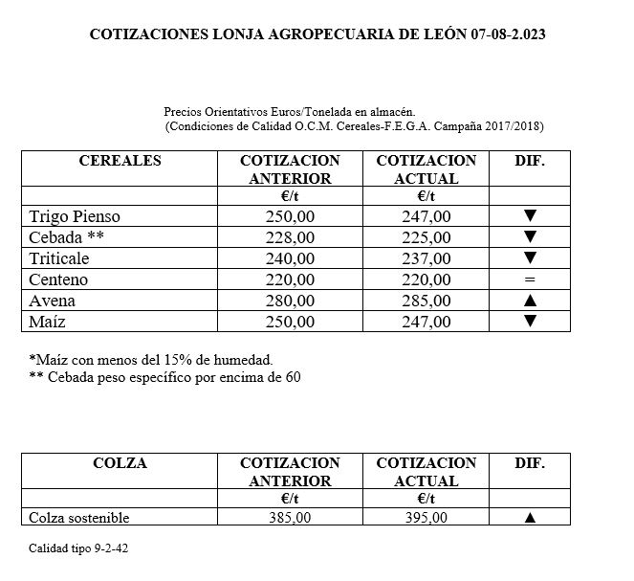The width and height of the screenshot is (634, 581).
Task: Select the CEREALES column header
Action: click(120, 161)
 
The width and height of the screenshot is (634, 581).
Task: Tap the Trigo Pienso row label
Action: click(76, 216)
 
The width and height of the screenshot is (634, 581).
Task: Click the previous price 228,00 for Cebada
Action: click(290, 237)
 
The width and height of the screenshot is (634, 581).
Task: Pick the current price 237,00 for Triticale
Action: click(426, 258)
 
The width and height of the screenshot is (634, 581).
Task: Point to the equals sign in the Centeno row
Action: click(530, 279)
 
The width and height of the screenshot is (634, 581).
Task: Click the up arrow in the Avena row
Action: click(530, 301)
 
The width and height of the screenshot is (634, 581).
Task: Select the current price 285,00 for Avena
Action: click(426, 301)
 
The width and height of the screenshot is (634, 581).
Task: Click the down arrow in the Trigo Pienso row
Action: click(530, 216)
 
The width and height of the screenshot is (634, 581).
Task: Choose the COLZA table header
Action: click(120, 463)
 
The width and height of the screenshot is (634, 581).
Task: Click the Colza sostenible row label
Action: click(79, 518)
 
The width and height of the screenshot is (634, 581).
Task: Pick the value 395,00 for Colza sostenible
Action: click(426, 518)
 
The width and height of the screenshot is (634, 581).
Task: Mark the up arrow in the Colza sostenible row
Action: click(530, 518)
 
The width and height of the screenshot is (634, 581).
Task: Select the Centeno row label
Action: click(59, 279)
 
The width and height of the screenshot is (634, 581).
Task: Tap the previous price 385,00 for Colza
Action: click(290, 518)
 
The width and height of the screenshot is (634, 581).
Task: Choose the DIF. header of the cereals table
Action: click(530, 161)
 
